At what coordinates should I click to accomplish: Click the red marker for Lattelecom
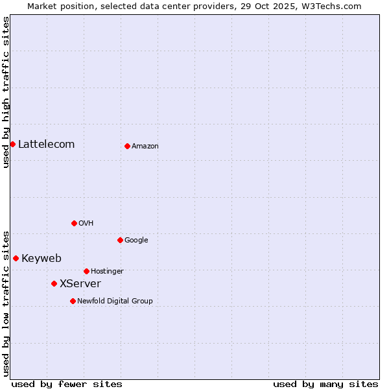pyautogui.click(x=12, y=144)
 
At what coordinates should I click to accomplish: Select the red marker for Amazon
pyautogui.click(x=127, y=146)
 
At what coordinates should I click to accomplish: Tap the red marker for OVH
pyautogui.click(x=74, y=223)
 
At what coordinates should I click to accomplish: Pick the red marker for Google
pyautogui.click(x=120, y=240)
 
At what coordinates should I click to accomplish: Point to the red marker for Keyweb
pyautogui.click(x=16, y=258)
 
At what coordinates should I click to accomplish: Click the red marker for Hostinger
pyautogui.click(x=86, y=271)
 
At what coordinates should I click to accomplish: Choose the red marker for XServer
pyautogui.click(x=54, y=283)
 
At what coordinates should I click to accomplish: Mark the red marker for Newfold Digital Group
pyautogui.click(x=73, y=301)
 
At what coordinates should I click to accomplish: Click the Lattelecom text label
pyautogui.click(x=46, y=144)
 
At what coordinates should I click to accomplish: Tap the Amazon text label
pyautogui.click(x=145, y=146)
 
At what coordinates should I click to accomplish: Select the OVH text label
pyautogui.click(x=86, y=223)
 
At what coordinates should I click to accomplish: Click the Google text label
pyautogui.click(x=136, y=240)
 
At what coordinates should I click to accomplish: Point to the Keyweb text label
pyautogui.click(x=41, y=258)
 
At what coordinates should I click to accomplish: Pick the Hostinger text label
pyautogui.click(x=107, y=271)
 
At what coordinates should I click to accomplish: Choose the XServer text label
pyautogui.click(x=80, y=283)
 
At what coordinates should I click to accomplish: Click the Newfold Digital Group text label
pyautogui.click(x=115, y=301)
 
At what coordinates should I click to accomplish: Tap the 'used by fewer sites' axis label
pyautogui.click(x=67, y=384)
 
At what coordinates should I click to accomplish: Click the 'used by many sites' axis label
pyautogui.click(x=325, y=384)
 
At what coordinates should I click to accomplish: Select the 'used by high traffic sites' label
pyautogui.click(x=6, y=92)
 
